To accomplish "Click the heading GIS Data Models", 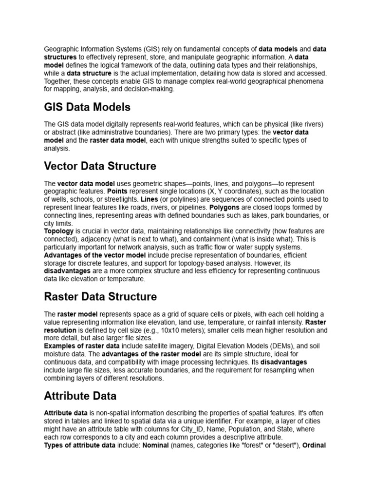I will pyautogui.click(x=87, y=107).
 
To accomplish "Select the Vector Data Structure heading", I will pyautogui.click(x=100, y=166).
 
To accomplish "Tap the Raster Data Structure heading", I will pyautogui.click(x=100, y=297).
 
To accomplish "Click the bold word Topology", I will pyautogui.click(x=59, y=231).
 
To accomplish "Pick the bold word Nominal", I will pyautogui.click(x=155, y=445).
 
